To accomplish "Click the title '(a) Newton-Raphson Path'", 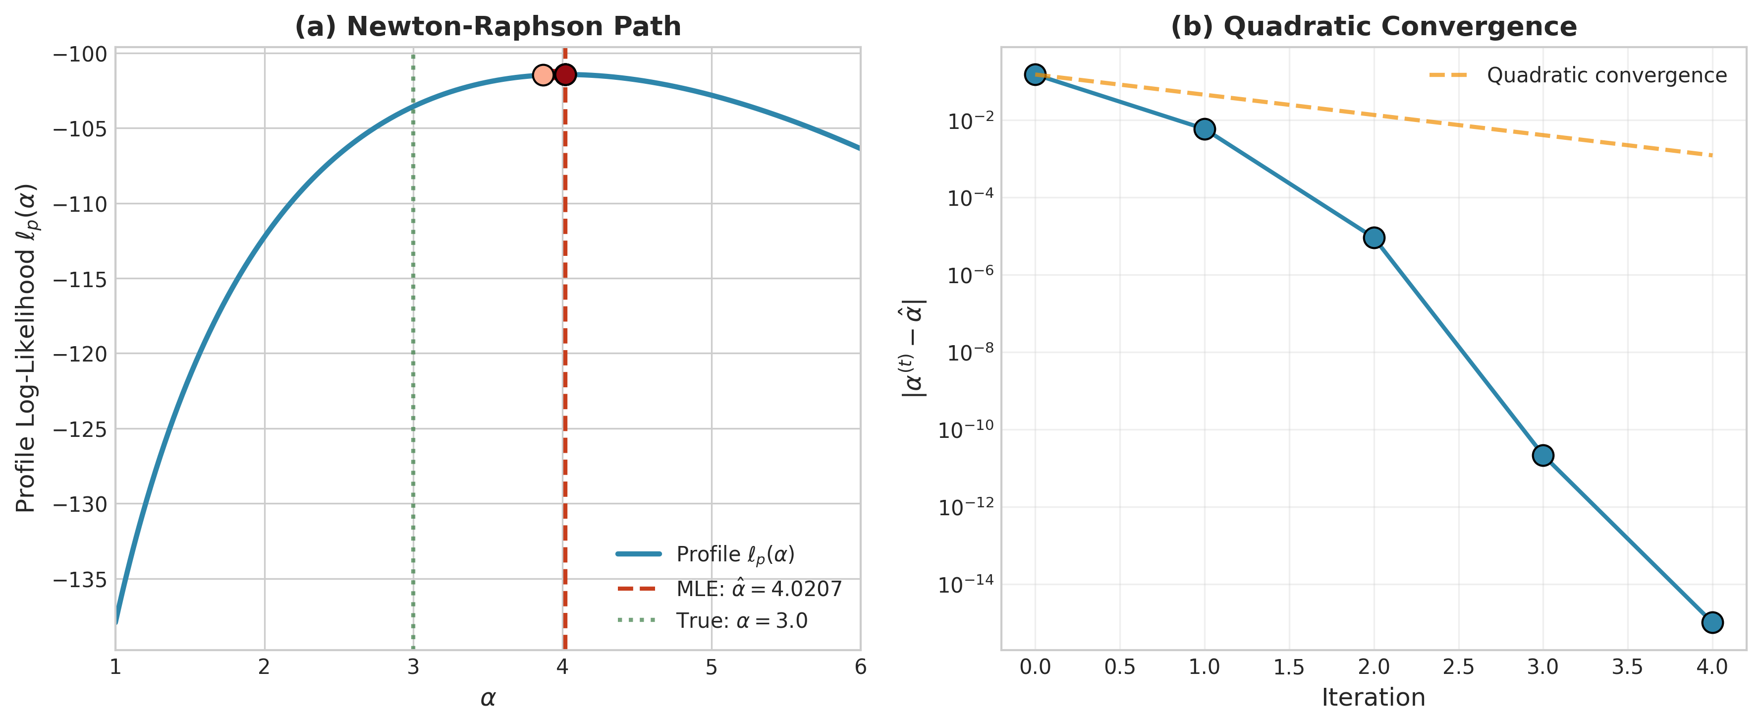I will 488,27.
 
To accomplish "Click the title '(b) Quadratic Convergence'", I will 1374,27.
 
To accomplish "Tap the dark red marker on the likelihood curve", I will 565,74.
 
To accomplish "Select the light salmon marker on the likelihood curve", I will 543,74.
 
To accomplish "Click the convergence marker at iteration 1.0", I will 1205,129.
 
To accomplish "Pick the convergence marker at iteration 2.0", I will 1374,238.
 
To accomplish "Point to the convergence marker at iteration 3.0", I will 1543,455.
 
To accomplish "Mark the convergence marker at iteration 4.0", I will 1712,622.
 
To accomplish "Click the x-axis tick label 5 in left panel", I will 712,667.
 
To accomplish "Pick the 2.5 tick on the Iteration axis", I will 1458,667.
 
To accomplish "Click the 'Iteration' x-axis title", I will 1374,698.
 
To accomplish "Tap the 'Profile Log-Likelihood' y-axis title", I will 26,348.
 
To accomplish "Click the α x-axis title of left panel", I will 488,698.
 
